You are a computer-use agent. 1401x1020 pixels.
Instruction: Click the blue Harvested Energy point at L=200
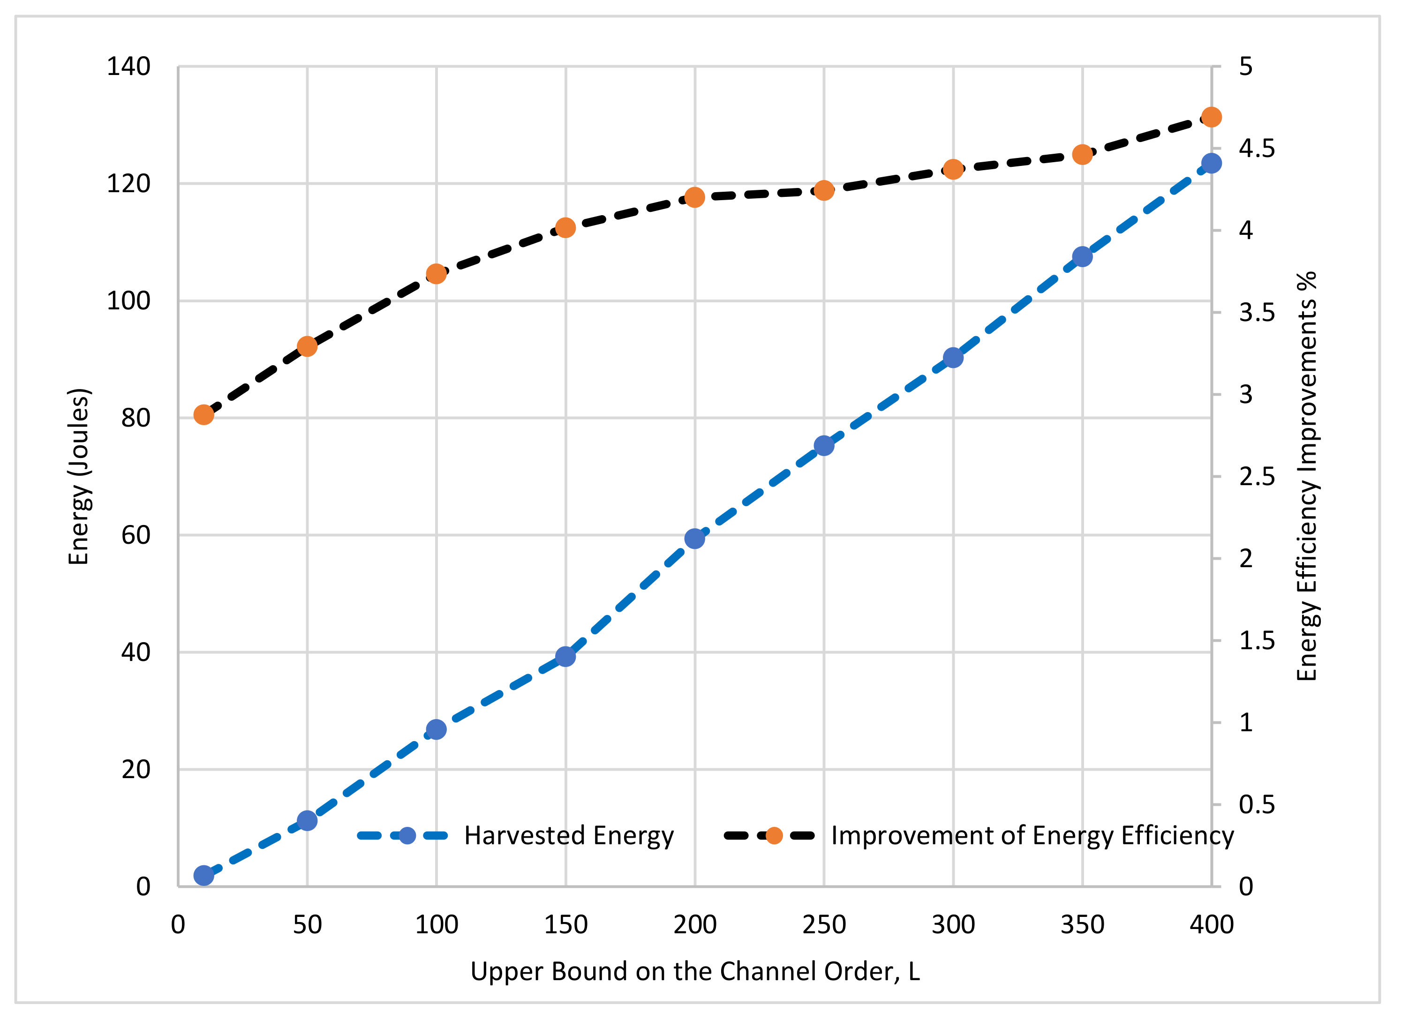tap(695, 539)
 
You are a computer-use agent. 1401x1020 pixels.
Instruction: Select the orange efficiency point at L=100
tap(437, 274)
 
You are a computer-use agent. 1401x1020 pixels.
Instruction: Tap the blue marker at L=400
tap(1212, 163)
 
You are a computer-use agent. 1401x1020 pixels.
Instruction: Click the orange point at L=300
tap(953, 169)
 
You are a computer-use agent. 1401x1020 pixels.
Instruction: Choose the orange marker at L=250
tap(824, 190)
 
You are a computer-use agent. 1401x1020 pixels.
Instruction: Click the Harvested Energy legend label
tap(569, 835)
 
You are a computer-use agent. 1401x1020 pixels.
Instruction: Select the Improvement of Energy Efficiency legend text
tap(1032, 835)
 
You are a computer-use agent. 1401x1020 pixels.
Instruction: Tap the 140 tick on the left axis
tap(128, 67)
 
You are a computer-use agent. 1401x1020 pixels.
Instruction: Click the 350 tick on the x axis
tap(1082, 925)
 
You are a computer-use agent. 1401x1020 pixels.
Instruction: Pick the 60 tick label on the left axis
tap(136, 535)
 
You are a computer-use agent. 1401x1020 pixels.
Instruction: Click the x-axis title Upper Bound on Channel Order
tap(695, 971)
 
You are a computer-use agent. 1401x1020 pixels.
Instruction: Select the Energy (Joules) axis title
tap(79, 476)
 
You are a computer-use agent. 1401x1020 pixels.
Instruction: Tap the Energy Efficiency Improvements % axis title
tap(1307, 476)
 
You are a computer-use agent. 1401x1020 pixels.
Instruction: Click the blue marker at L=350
tap(1082, 257)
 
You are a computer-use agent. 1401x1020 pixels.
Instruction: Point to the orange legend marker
tap(774, 835)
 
